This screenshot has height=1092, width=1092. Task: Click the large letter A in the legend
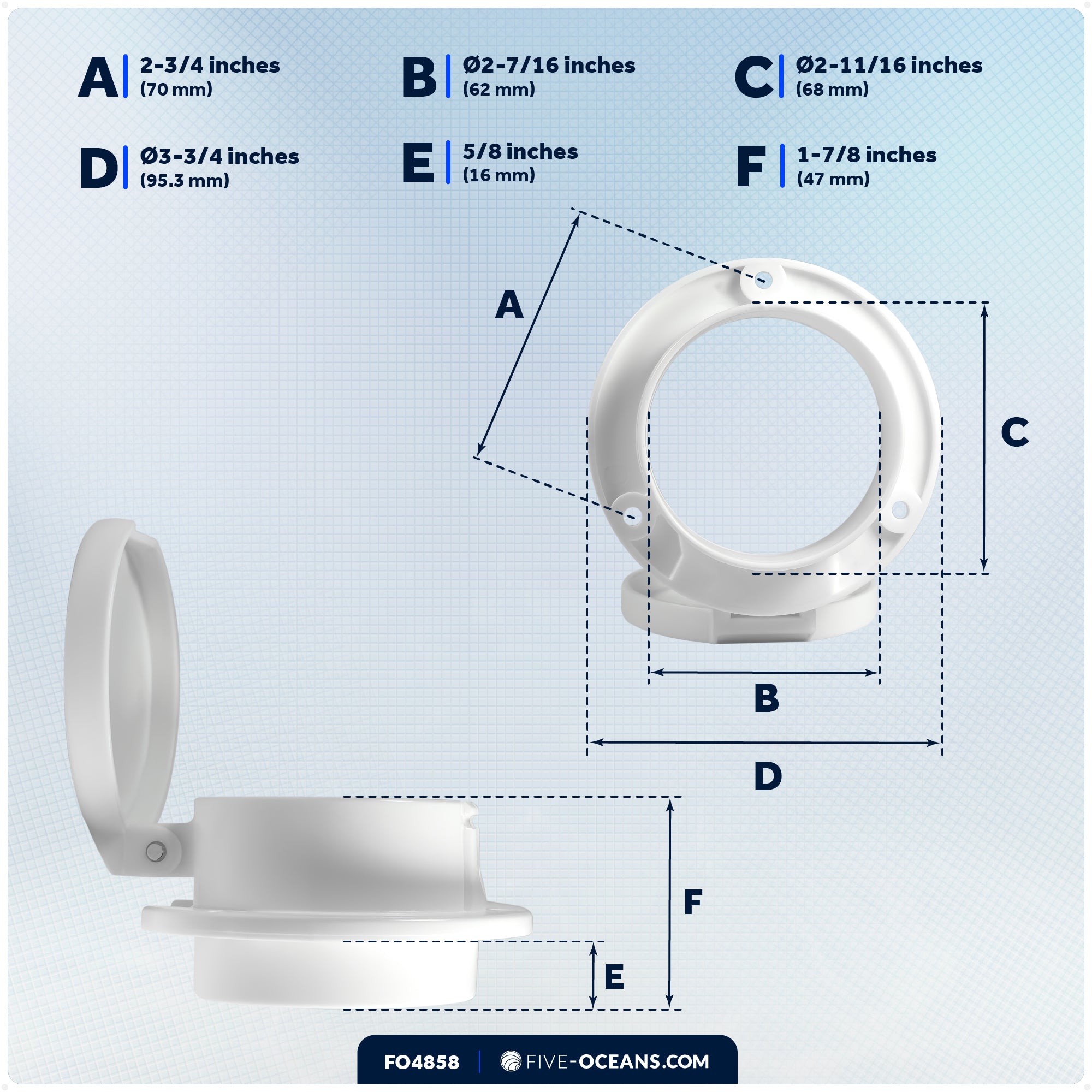pyautogui.click(x=98, y=78)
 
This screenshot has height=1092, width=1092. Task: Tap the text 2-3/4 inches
pyautogui.click(x=210, y=66)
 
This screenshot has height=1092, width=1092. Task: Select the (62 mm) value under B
pyautogui.click(x=498, y=90)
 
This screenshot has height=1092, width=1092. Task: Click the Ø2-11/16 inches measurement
pyautogui.click(x=888, y=66)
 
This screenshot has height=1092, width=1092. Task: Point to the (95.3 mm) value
pyautogui.click(x=184, y=181)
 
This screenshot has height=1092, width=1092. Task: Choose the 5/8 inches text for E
pyautogui.click(x=520, y=151)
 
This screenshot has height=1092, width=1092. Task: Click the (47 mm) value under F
pyautogui.click(x=833, y=179)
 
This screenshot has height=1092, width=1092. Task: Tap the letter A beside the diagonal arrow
pyautogui.click(x=509, y=305)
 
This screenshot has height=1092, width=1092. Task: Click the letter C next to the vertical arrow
pyautogui.click(x=1014, y=432)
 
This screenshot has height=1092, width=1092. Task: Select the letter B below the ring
pyautogui.click(x=767, y=698)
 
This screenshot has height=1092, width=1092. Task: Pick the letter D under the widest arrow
pyautogui.click(x=768, y=776)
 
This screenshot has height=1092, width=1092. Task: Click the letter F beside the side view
pyautogui.click(x=692, y=901)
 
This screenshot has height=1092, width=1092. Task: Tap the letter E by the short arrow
pyautogui.click(x=614, y=977)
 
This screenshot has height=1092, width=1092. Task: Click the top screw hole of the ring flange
pyautogui.click(x=764, y=279)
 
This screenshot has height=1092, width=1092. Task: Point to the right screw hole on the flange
pyautogui.click(x=900, y=511)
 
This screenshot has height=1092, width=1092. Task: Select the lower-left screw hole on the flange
pyautogui.click(x=632, y=516)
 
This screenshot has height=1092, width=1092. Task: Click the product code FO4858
pyautogui.click(x=421, y=1062)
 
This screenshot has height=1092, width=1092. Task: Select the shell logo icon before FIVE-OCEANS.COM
pyautogui.click(x=511, y=1061)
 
